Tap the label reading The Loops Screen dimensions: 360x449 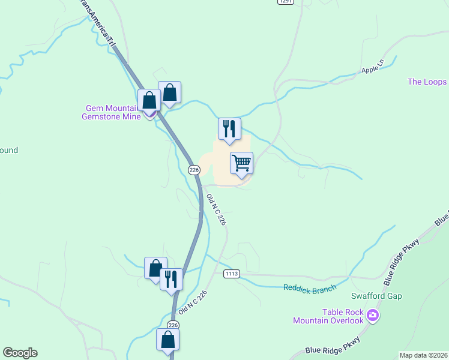427,82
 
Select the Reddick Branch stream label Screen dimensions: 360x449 310,288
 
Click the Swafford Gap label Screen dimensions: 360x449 376,296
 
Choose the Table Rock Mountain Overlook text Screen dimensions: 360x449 328,316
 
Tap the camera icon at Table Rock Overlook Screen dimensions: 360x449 373,316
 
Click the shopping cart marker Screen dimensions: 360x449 241,163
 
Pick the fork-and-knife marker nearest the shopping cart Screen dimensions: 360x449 229,128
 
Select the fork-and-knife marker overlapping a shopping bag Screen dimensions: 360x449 171,279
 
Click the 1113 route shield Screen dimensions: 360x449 232,274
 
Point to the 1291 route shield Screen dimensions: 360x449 286,2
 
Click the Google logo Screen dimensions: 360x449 20,353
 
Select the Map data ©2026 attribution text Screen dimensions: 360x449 423,355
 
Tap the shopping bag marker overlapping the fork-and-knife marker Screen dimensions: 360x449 155,268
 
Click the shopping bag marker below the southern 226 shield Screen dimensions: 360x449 167,339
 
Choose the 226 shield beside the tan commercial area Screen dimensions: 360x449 194,170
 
